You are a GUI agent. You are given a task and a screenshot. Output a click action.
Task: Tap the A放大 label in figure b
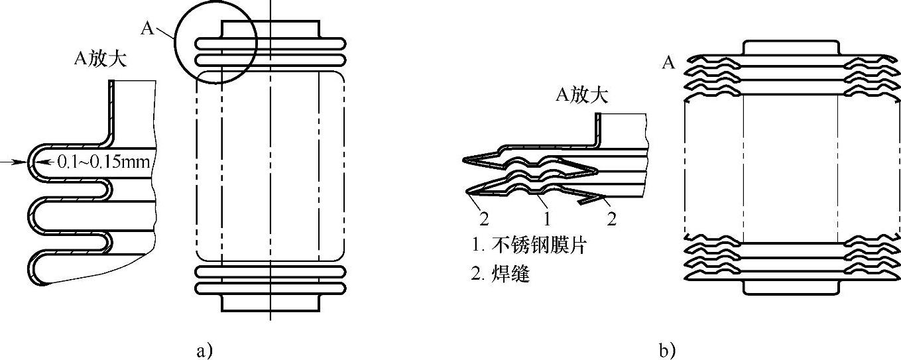pos(581,96)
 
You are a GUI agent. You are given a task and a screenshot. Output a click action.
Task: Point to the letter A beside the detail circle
pos(147,27)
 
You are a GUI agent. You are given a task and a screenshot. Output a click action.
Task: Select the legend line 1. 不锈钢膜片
pos(530,247)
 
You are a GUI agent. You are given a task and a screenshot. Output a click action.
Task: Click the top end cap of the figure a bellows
pos(270,29)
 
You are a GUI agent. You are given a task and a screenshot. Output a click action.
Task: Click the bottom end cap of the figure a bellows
pos(270,303)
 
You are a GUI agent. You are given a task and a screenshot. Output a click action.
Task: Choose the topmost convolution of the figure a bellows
pos(270,44)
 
